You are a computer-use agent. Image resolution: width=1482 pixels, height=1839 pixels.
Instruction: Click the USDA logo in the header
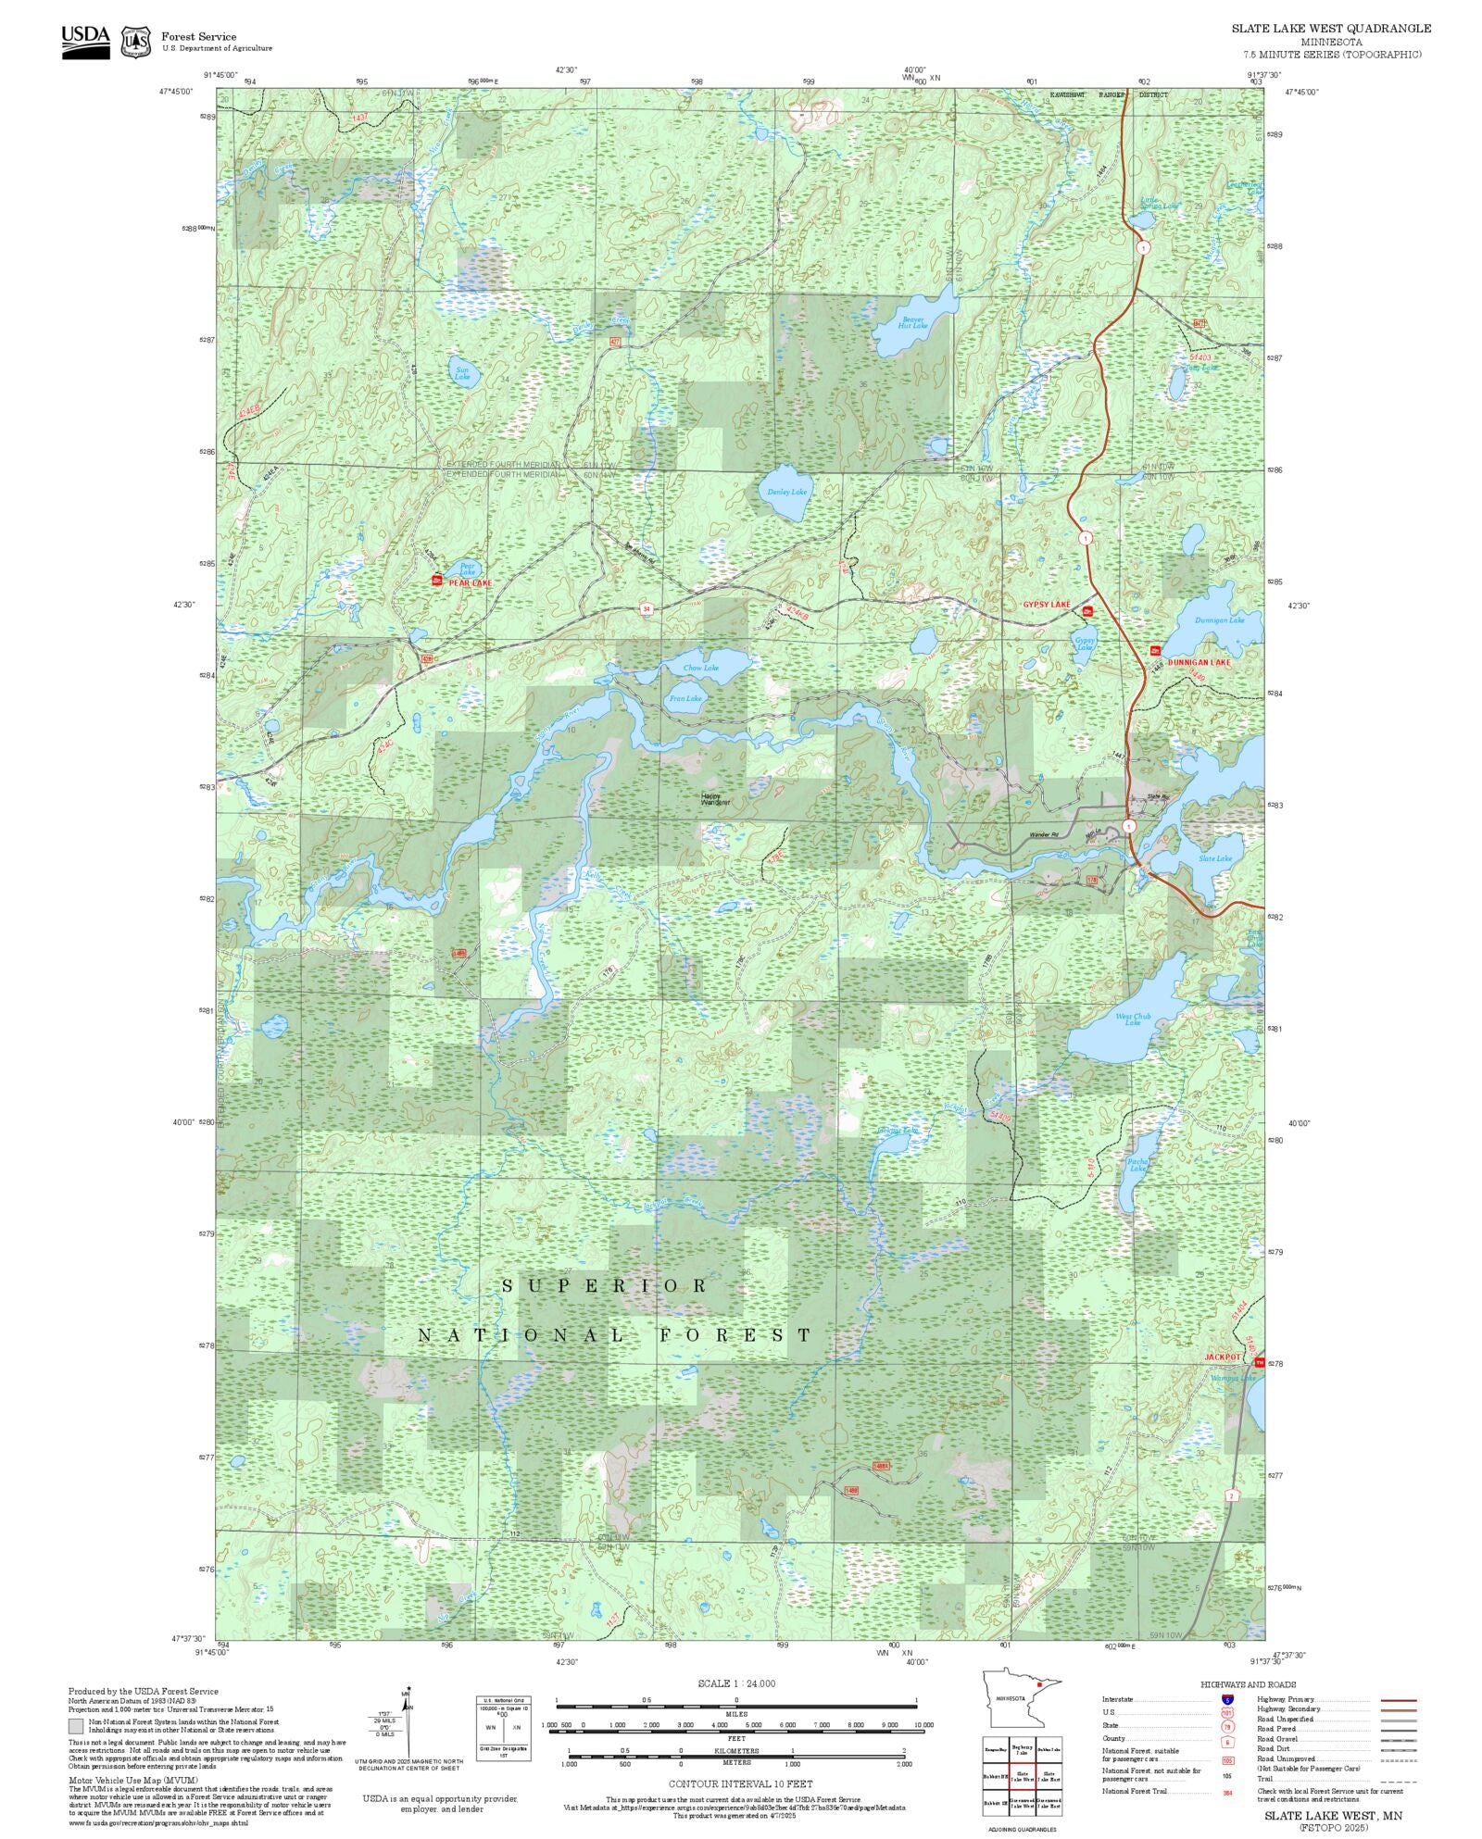pos(85,42)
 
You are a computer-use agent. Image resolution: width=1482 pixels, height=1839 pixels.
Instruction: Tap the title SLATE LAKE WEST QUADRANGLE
pos(1330,29)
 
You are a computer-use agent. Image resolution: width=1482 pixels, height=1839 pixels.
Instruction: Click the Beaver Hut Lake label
pos(912,323)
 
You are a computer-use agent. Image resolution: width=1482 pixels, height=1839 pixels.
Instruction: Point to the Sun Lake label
pos(462,373)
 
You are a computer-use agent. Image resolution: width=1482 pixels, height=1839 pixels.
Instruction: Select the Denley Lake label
pos(787,492)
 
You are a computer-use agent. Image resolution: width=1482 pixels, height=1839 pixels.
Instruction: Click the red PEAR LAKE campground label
pos(471,582)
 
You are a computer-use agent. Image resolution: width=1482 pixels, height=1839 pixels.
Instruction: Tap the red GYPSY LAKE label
pos(1046,605)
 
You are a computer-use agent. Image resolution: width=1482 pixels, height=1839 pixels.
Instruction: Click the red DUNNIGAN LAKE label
pos(1199,663)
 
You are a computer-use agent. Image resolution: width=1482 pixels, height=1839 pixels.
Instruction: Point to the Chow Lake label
pos(700,668)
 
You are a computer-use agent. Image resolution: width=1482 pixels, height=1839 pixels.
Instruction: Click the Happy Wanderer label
pos(715,798)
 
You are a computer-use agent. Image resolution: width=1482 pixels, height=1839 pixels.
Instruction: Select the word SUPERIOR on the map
pos(605,1286)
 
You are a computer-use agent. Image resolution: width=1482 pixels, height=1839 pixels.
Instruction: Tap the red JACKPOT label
pos(1222,1357)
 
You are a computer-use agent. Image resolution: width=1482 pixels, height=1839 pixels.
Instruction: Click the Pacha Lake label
pos(1137,1165)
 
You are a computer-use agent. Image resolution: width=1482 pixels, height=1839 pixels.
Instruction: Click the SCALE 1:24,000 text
pos(736,1683)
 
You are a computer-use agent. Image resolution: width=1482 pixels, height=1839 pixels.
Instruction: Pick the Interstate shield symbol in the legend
pos(1228,1700)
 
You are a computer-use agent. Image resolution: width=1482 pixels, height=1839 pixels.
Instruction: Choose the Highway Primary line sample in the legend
pos(1399,1700)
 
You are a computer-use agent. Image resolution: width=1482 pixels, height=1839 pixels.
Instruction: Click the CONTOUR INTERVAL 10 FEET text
pos(740,1783)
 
